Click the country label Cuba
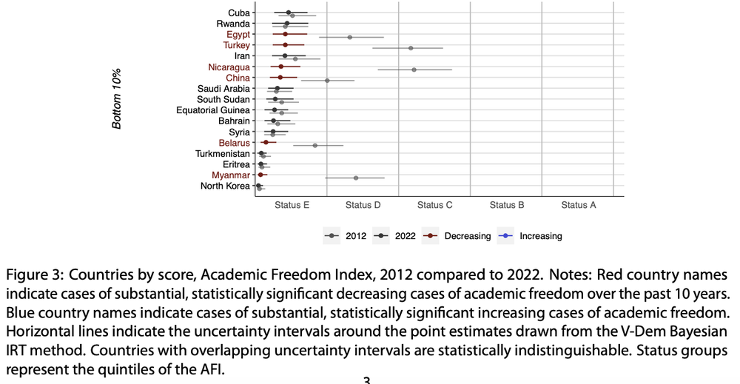239,13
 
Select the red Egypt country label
238,35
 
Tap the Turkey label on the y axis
237,45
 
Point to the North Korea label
225,186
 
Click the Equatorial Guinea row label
213,110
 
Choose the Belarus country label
234,143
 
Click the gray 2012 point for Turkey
411,48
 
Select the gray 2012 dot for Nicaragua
414,70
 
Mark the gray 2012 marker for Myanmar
356,178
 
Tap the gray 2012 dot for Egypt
350,37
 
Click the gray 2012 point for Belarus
315,145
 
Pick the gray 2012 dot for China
327,81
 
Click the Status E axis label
292,205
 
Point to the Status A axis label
579,205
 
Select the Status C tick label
434,205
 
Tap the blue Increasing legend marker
505,236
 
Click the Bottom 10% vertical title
117,98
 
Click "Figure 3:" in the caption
36,274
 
